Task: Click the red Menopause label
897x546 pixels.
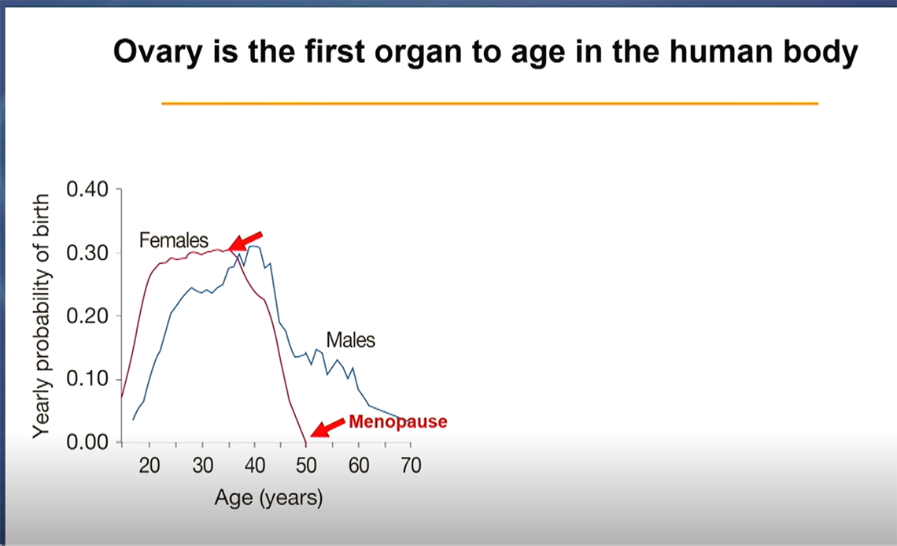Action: point(397,422)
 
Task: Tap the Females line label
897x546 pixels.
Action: point(174,240)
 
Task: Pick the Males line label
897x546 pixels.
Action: point(351,340)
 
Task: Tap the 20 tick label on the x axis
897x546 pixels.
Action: point(150,466)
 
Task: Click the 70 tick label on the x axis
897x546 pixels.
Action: point(411,466)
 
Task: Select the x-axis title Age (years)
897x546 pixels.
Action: point(268,498)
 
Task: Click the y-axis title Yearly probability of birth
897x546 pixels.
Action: point(42,315)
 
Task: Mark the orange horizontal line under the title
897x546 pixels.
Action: point(489,103)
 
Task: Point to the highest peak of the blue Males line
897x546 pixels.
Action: point(255,247)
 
